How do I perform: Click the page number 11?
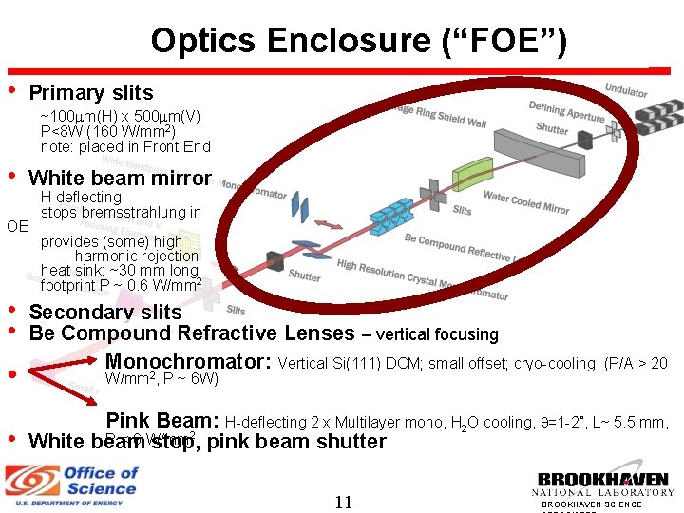[343, 501]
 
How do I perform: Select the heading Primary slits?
[91, 92]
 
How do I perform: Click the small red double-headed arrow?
[327, 224]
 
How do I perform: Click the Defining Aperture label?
[566, 112]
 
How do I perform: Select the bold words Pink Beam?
[162, 421]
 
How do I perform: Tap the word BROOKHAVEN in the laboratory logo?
[604, 480]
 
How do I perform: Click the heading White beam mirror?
[120, 178]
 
